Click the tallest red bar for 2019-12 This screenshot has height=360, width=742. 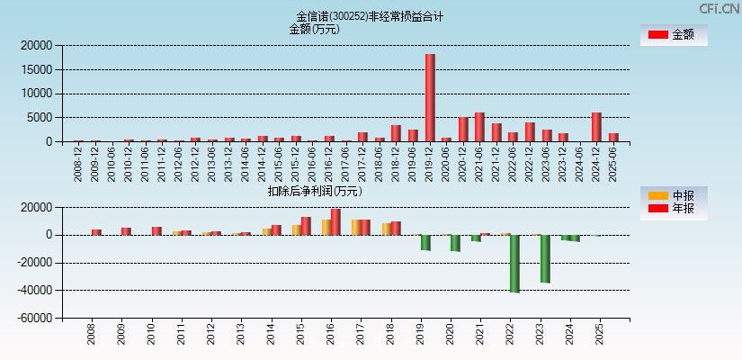click(x=430, y=97)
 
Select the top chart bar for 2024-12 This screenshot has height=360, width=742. click(x=596, y=127)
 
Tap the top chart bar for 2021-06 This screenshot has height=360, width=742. click(x=479, y=127)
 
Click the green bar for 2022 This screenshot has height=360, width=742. click(x=514, y=264)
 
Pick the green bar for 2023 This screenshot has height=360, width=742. click(x=545, y=259)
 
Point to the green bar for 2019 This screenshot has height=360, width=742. click(x=425, y=242)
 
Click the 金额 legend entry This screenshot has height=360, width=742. click(x=673, y=34)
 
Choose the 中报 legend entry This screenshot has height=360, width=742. click(x=673, y=195)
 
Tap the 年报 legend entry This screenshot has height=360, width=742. click(x=673, y=209)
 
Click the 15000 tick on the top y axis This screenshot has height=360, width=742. click(x=35, y=69)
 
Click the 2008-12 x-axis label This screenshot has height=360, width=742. click(x=78, y=162)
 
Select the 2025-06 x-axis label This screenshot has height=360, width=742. click(x=613, y=162)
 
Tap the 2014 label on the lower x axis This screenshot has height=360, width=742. click(x=271, y=335)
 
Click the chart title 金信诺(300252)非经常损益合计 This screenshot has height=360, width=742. click(x=370, y=16)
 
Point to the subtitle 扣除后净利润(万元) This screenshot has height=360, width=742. click(x=315, y=191)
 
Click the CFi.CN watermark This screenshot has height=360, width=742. click(x=720, y=8)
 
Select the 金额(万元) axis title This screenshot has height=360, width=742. click(x=314, y=29)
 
